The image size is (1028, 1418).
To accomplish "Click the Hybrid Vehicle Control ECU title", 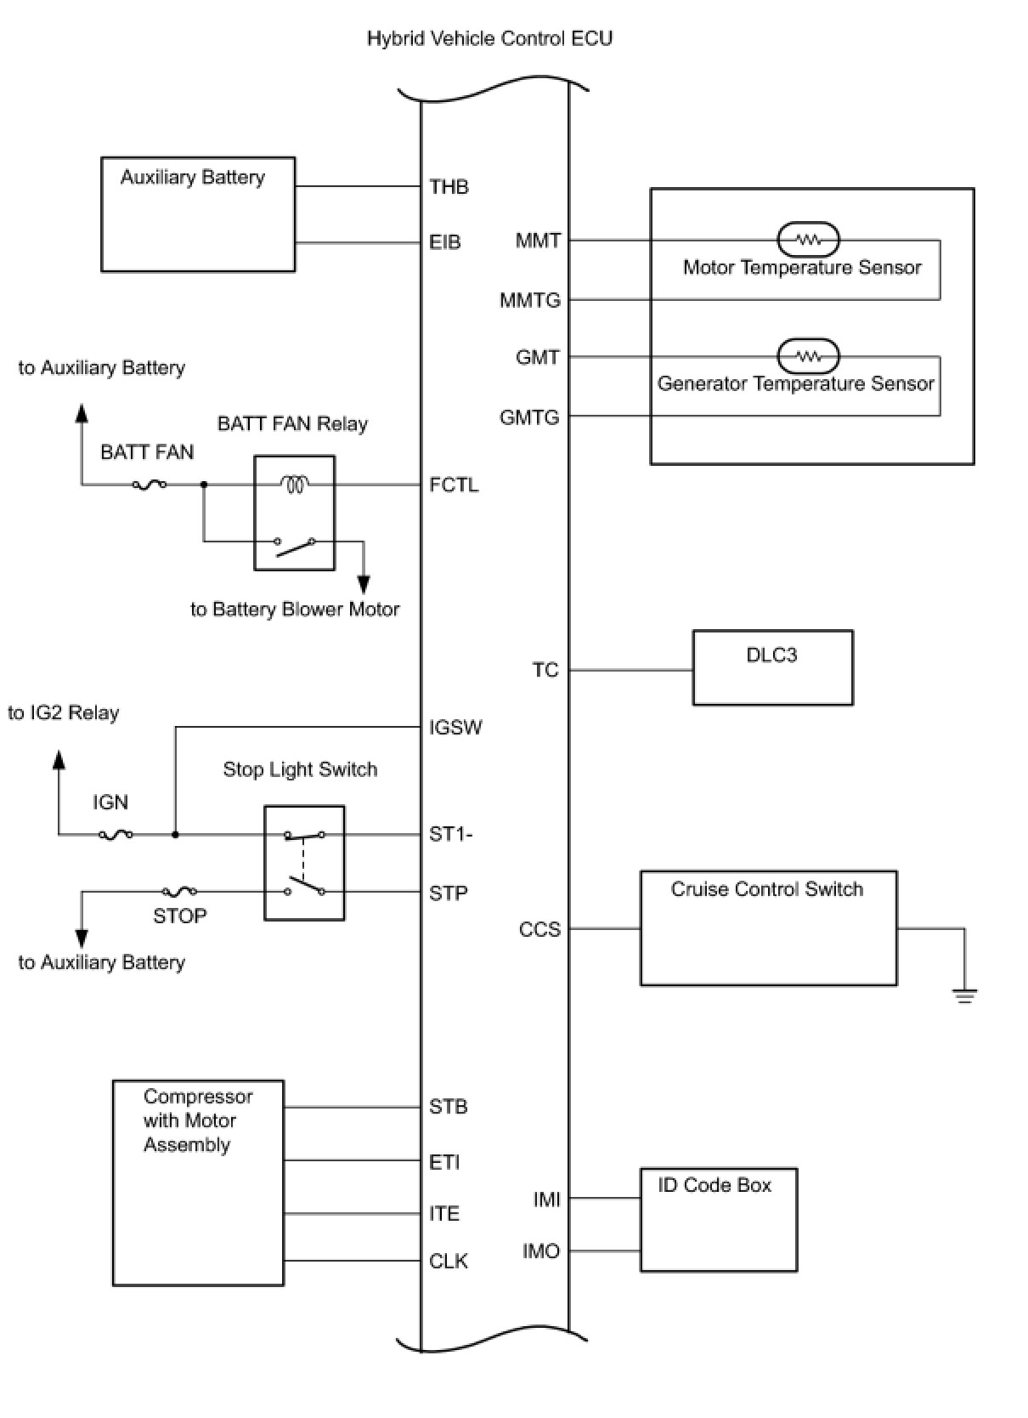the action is coord(489,39).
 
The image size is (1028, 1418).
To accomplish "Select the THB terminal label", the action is coord(449,187).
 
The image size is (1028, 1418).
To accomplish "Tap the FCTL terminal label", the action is coord(454,485).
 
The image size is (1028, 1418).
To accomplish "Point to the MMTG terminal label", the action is coord(529,300).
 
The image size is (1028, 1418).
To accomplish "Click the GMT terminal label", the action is coord(538,358).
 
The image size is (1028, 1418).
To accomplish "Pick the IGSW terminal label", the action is coord(455,728).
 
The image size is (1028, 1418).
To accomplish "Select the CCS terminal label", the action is coord(539,929).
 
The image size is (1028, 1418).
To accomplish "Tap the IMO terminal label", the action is coord(541,1251).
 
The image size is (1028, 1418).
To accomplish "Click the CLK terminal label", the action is coord(448,1261).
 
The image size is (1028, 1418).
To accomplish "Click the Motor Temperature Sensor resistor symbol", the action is coord(808,240).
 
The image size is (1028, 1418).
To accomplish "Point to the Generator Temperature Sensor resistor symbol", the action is coord(808,356).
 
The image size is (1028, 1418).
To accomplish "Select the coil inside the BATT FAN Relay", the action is coord(294,485).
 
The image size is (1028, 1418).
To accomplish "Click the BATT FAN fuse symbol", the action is coord(150,485).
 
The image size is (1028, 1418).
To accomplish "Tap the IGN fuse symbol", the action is coord(116,835).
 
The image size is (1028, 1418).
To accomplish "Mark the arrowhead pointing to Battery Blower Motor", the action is coord(363,584).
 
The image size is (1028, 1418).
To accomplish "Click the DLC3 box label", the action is coord(771,655).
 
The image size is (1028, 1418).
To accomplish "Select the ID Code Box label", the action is coord(715,1185).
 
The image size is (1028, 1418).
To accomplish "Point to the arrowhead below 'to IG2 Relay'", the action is coord(59,760).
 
